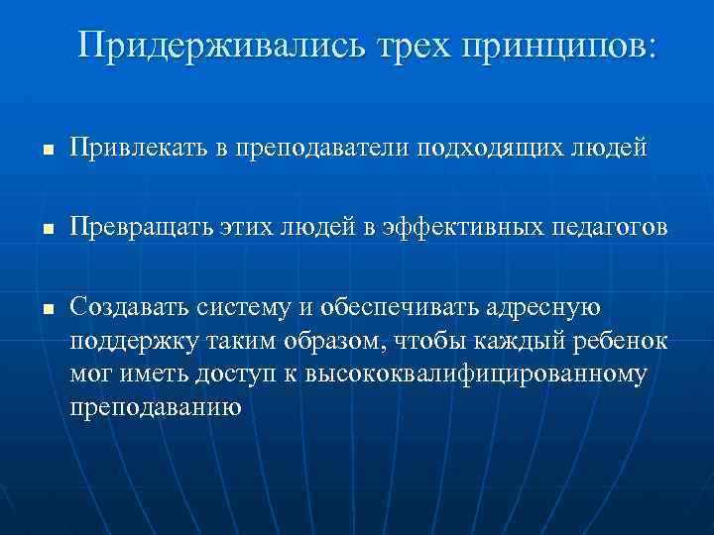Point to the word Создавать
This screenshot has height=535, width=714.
[133, 309]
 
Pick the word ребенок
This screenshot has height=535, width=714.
[620, 342]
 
